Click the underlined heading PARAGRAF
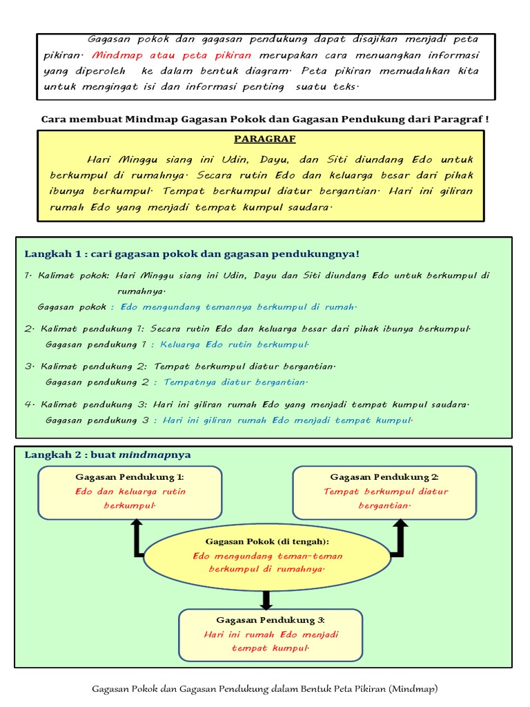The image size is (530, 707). click(x=264, y=139)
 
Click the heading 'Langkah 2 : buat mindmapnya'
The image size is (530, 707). click(x=108, y=454)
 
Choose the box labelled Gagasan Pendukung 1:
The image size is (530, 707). click(x=130, y=492)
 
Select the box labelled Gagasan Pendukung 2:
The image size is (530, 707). click(x=384, y=492)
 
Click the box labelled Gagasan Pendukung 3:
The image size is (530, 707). click(x=271, y=635)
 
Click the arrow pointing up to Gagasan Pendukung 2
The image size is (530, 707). click(x=400, y=536)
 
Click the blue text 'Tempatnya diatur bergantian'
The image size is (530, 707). click(x=235, y=382)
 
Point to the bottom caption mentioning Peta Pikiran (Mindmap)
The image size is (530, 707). click(x=265, y=688)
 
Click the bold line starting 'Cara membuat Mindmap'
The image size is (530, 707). click(x=265, y=119)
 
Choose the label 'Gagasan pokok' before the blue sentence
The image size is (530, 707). click(x=72, y=307)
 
